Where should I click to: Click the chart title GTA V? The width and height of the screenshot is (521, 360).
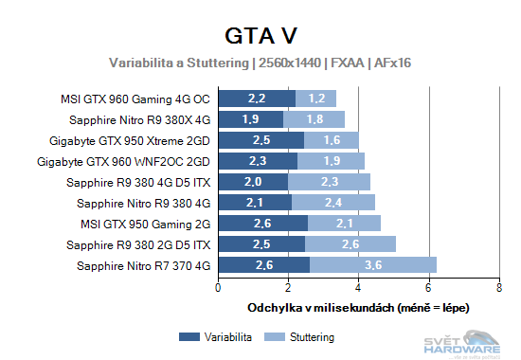coord(260,36)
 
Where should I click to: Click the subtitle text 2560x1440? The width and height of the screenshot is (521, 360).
coord(288,63)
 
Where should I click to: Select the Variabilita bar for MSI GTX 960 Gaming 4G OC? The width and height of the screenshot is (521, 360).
coord(257,99)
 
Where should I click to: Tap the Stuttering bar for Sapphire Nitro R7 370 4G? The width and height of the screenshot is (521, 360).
coord(372,264)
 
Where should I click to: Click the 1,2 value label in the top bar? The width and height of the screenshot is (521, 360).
coord(316,99)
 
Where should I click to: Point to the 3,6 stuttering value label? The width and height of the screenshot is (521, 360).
coord(373,264)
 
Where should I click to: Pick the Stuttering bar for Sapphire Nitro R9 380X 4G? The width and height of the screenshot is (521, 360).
coord(314,119)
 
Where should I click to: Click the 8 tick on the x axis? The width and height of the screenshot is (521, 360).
coord(498,287)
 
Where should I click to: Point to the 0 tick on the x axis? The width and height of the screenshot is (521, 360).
coord(219,287)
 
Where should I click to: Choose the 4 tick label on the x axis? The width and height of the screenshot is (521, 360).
coord(359,287)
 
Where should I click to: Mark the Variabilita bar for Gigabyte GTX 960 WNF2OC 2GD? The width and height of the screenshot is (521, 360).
coord(258,161)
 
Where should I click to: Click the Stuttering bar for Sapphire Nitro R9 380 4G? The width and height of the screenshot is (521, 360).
coord(333,202)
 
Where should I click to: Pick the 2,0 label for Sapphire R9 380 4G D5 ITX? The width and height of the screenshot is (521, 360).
coord(253,182)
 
